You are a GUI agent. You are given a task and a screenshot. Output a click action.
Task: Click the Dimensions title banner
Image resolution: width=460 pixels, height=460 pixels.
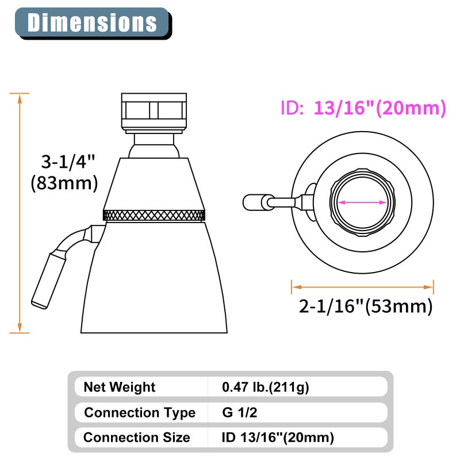point(92,22)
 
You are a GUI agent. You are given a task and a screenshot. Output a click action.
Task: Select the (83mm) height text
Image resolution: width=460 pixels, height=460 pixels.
point(64,183)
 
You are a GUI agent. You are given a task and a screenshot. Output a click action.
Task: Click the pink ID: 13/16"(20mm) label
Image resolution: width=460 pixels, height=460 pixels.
point(363,108)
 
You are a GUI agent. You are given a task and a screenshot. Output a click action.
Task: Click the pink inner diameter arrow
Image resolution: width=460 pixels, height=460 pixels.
point(362,202)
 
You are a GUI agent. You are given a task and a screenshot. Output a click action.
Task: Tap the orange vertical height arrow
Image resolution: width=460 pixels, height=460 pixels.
point(20,213)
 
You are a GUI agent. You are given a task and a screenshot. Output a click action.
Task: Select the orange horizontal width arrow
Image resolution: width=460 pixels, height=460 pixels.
point(362,285)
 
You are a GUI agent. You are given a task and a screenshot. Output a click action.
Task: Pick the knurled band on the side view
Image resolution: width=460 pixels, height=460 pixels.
point(154,216)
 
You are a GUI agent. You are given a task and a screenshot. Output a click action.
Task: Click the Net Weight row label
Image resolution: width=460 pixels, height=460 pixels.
point(120,387)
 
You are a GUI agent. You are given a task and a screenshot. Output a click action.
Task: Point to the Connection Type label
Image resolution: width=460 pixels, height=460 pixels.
point(140,412)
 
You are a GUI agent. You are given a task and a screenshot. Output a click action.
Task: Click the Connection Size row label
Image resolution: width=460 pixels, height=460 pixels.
point(137,438)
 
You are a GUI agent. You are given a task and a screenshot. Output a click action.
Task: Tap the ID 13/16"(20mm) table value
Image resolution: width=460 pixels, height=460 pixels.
point(278,438)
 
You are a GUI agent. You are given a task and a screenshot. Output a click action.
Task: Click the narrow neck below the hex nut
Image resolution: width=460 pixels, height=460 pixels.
point(154,145)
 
